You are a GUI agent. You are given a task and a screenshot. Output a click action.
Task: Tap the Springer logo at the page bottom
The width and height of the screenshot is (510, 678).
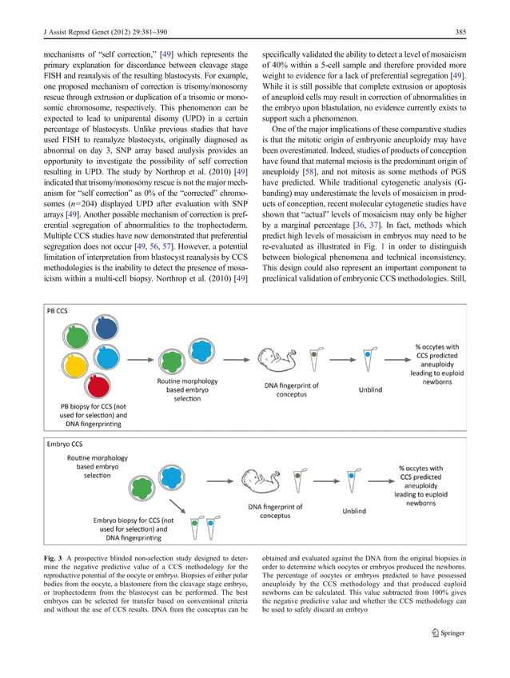[448, 634]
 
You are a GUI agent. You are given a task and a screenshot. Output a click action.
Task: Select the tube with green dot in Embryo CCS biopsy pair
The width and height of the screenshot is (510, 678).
[197, 528]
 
